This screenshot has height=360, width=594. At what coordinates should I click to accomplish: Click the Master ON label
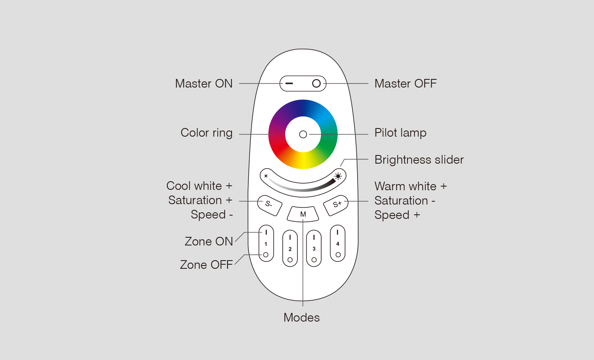click(x=204, y=83)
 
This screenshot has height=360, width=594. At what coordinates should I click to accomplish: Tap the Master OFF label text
click(x=405, y=83)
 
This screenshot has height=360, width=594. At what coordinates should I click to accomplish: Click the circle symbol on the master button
click(x=316, y=83)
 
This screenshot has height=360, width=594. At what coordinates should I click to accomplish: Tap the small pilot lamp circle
click(x=303, y=135)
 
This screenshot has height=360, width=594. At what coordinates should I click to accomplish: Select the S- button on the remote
click(x=270, y=206)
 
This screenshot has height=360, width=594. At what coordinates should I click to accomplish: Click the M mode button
click(x=303, y=214)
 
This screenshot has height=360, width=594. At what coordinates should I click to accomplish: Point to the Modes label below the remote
click(x=301, y=317)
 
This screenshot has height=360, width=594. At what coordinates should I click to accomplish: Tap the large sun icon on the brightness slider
click(x=338, y=176)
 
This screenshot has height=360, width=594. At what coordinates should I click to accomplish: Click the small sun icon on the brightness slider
click(x=266, y=176)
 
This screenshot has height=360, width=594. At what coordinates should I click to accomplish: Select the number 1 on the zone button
click(x=266, y=244)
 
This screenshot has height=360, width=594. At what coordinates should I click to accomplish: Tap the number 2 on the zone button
click(x=290, y=249)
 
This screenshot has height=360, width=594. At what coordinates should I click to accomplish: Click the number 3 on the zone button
click(x=314, y=249)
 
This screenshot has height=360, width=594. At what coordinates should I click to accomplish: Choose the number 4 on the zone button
click(x=337, y=244)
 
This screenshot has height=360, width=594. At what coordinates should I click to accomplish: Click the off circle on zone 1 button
click(x=266, y=255)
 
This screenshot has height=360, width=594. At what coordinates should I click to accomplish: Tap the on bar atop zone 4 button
click(x=337, y=232)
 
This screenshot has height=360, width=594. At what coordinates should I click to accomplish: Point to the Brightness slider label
click(x=419, y=160)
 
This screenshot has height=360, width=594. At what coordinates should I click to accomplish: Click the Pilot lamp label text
click(x=400, y=133)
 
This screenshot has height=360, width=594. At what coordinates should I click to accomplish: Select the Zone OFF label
click(x=206, y=265)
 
